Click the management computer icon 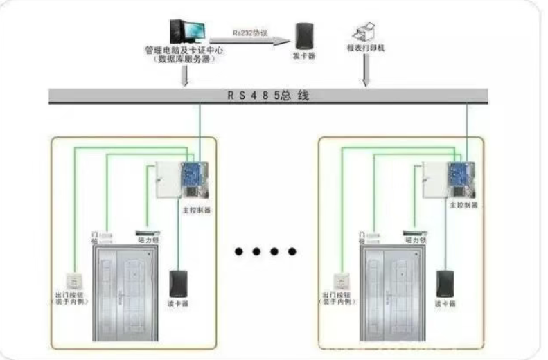pos(187,31)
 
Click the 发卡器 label pos(302,55)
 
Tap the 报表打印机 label pos(365,49)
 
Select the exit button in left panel pos(73,282)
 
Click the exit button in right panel pos(340,282)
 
